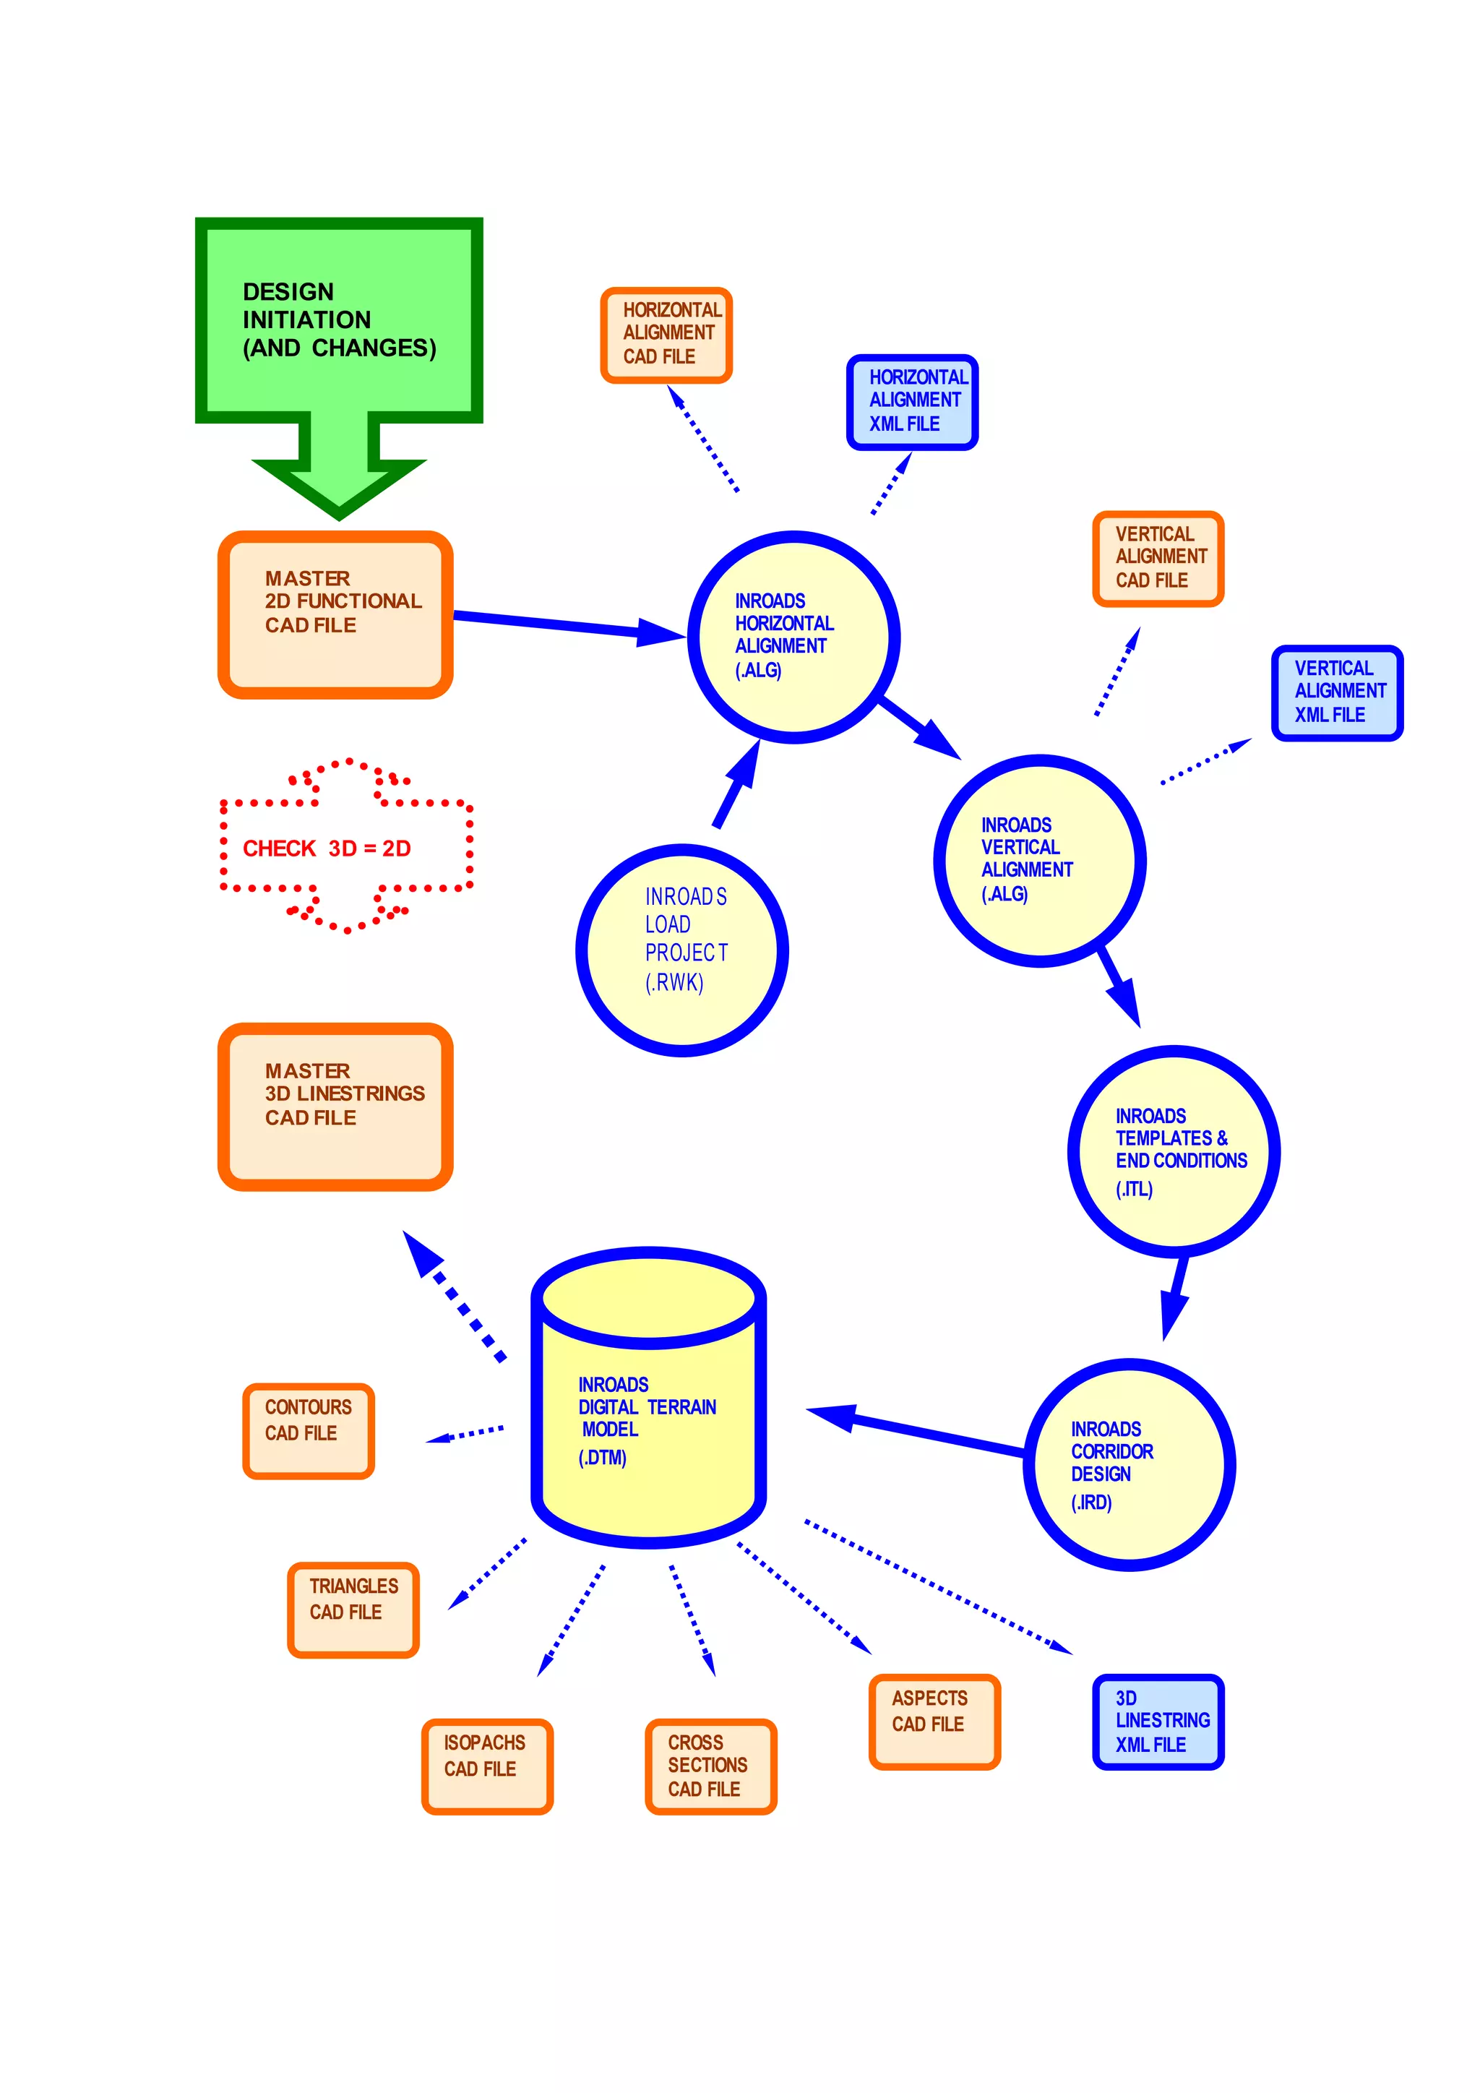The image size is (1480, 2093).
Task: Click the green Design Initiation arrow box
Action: (338, 321)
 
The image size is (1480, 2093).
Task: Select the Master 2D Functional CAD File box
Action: (335, 615)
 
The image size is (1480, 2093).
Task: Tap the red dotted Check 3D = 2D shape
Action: (345, 847)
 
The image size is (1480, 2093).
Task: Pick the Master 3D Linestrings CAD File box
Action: (335, 1106)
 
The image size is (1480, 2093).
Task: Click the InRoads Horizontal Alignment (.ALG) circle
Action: (793, 637)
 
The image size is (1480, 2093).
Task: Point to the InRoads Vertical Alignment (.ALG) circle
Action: (1039, 861)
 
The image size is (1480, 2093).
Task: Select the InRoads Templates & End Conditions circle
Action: (1174, 1151)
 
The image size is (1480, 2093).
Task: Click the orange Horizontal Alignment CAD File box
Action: (666, 335)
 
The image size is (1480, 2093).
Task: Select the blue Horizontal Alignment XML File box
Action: (912, 402)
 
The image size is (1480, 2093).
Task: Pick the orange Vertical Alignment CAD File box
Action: (1158, 559)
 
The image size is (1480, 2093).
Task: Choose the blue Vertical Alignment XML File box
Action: (1337, 693)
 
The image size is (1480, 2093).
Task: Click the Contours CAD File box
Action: (308, 1430)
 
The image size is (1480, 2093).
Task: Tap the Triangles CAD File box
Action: (353, 1609)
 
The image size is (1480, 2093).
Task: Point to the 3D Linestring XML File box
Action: (1158, 1721)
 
